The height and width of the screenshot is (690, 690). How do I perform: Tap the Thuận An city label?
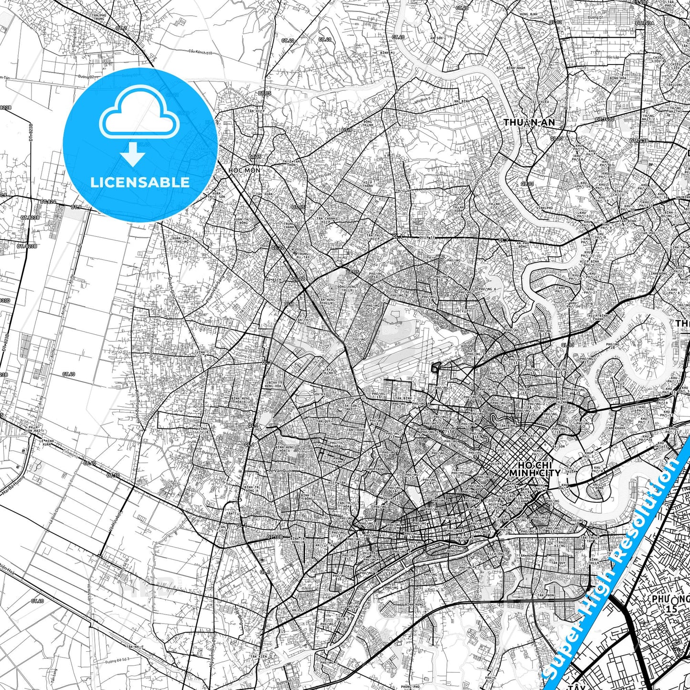(529, 123)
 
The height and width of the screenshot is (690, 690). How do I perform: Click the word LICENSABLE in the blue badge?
(140, 182)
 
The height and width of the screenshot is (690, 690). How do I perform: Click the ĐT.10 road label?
(113, 475)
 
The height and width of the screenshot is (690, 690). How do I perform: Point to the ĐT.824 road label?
(48, 202)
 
